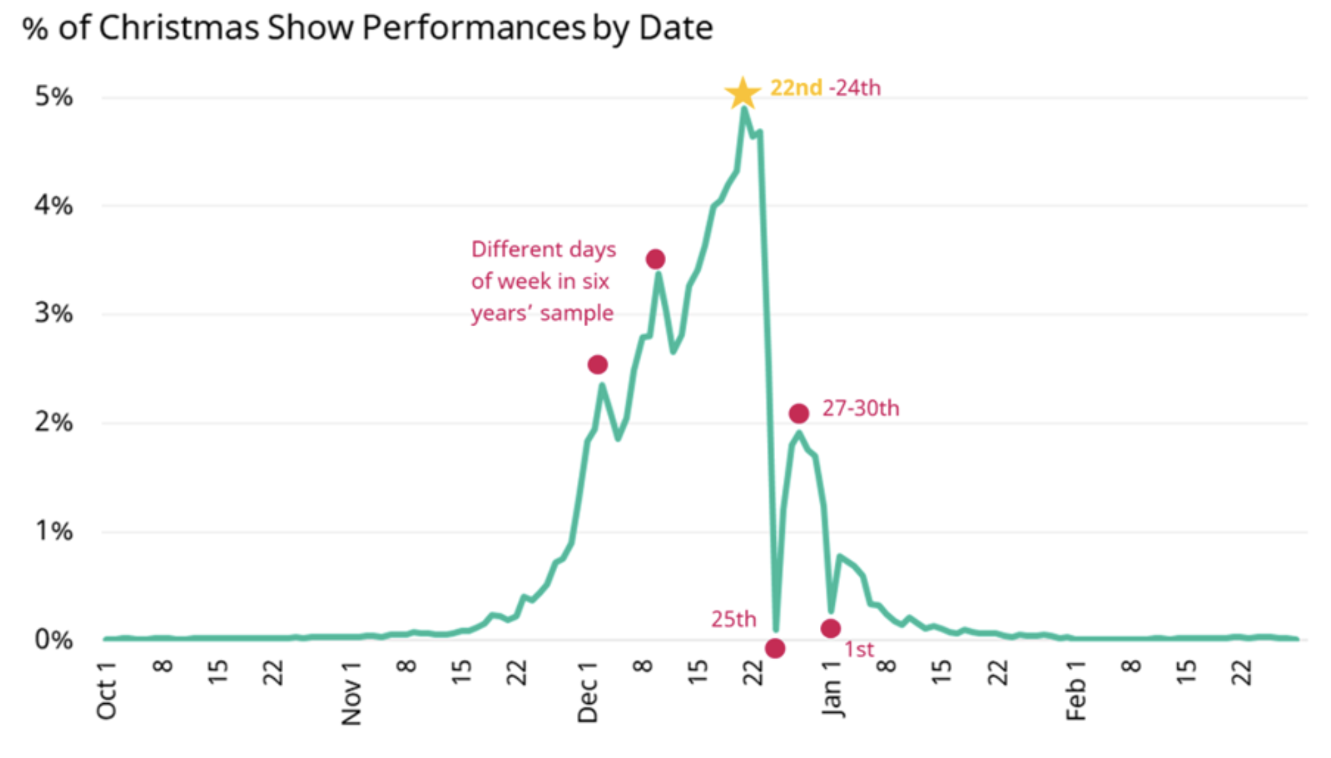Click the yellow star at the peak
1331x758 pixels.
tap(743, 93)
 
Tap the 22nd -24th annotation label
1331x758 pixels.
tap(825, 88)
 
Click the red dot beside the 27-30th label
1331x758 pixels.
tap(799, 413)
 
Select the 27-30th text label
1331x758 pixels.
tap(860, 408)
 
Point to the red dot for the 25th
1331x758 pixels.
tap(775, 648)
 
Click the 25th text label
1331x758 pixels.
tap(733, 619)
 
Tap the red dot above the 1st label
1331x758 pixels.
tap(831, 629)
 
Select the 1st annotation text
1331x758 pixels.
tap(858, 650)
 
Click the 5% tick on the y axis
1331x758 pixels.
tap(53, 97)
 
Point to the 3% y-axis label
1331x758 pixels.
tap(53, 313)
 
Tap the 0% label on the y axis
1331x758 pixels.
tap(53, 640)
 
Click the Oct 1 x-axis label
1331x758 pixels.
tap(107, 690)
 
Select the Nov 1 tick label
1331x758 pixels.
tap(351, 693)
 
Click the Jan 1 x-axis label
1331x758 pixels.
tap(832, 689)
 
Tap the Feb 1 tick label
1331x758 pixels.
tap(1076, 690)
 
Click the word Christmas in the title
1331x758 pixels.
tap(179, 28)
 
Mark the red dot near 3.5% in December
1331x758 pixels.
tap(655, 259)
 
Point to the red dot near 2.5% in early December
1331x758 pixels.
tap(597, 365)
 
